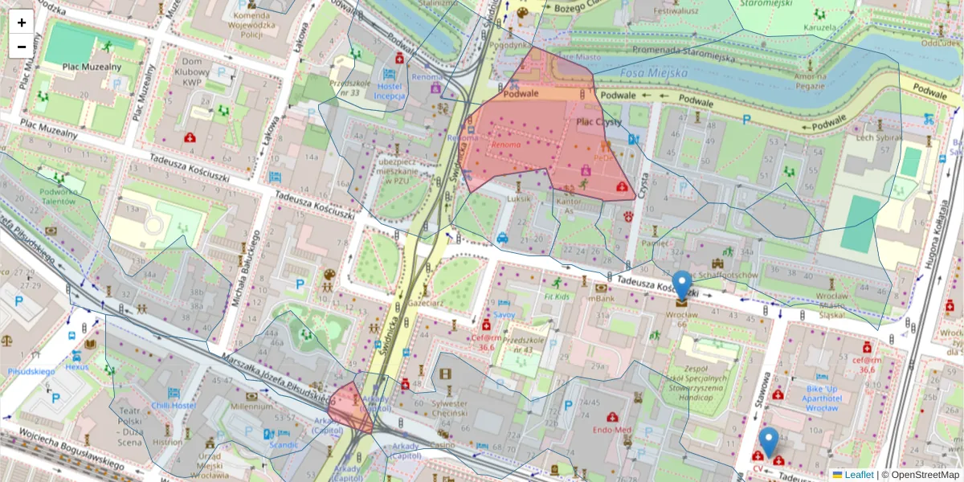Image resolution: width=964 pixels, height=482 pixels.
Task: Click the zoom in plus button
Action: pyautogui.click(x=22, y=22)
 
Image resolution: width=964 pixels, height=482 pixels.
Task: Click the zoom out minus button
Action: pyautogui.click(x=22, y=47)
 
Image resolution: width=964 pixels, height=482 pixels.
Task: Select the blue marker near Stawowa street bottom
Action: pyautogui.click(x=769, y=443)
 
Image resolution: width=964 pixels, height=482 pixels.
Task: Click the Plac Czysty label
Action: pyautogui.click(x=599, y=121)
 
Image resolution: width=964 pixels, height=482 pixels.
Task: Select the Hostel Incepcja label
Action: pyautogui.click(x=390, y=90)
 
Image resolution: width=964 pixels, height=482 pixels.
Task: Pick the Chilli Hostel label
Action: pyautogui.click(x=174, y=406)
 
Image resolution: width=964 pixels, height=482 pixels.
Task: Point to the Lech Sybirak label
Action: pyautogui.click(x=876, y=137)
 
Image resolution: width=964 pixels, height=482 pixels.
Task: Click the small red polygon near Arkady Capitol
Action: pyautogui.click(x=348, y=404)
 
